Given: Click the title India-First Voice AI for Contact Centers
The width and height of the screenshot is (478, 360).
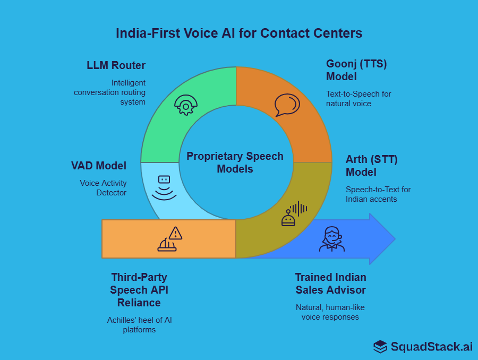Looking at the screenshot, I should pos(239,33).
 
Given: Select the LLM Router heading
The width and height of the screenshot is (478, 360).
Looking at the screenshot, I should pos(116,65).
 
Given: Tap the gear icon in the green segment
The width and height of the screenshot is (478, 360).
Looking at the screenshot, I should pos(185,105).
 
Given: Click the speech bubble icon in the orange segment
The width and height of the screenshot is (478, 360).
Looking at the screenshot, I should pos(287,105).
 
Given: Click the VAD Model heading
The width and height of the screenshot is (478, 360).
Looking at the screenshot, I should pos(99,166).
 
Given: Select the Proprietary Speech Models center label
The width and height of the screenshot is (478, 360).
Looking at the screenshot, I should pos(235,162).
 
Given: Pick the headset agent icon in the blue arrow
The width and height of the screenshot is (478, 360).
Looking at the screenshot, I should pos(332,239).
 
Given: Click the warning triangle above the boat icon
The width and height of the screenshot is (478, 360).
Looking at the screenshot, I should pos(175,233).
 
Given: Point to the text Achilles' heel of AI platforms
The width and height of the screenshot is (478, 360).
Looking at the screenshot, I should pos(139,324).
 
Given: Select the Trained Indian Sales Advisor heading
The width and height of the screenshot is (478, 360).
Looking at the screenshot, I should pos(330,284).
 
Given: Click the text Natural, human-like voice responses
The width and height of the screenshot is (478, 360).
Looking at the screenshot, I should pos(330,312).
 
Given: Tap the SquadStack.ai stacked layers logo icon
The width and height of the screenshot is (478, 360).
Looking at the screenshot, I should pos(380,347).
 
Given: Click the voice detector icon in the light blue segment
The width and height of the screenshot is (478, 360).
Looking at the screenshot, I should pos(164,188).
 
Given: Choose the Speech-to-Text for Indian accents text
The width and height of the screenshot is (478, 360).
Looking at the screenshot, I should pos(378,194).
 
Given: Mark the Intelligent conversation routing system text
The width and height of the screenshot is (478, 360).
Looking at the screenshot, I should pos(110,92).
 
